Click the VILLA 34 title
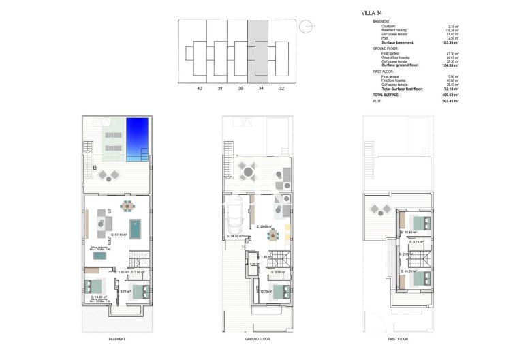pos(371,12)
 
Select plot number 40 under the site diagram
pos(200,89)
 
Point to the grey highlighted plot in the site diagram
pos(257,50)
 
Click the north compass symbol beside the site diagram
pos(307,26)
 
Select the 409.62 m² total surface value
pos(450,95)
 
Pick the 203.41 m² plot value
pos(450,101)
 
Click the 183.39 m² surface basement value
pos(450,42)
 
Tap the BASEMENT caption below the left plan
pos(116,339)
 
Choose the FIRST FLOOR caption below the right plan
pos(398,339)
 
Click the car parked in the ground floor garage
pos(234,216)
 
